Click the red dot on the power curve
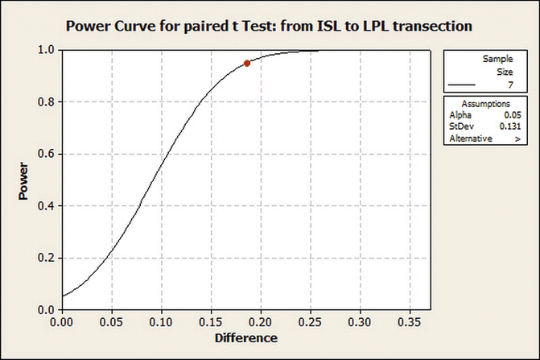point(247,63)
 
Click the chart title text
point(269,27)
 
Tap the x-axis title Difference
point(245,337)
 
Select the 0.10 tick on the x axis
point(161,320)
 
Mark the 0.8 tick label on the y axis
point(46,101)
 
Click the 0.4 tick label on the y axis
point(46,206)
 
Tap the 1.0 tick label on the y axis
point(46,50)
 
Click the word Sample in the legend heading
point(497,60)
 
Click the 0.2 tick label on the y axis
point(46,258)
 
